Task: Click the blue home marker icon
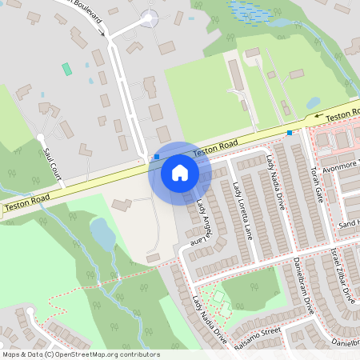[x=179, y=172]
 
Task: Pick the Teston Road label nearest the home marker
[x=214, y=146]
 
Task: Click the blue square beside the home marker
[x=157, y=157]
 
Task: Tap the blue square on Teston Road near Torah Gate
[x=290, y=132]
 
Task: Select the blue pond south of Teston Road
[x=102, y=234]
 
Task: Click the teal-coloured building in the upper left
[x=67, y=70]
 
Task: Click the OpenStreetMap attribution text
[x=81, y=354]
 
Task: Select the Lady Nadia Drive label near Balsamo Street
[x=210, y=319]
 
